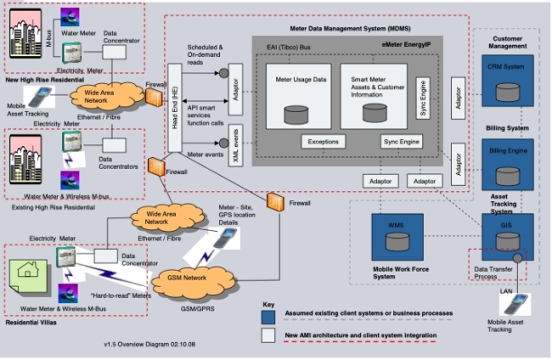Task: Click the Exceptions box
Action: click(x=324, y=143)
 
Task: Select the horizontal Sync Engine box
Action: click(x=401, y=143)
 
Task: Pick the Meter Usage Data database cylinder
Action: click(x=295, y=114)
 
